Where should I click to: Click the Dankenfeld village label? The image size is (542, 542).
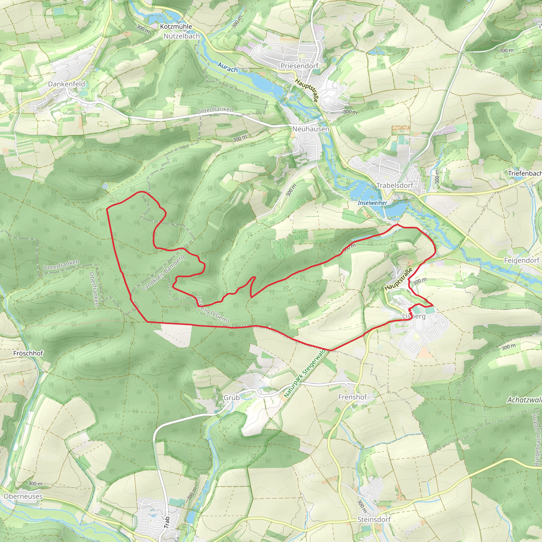click(66, 84)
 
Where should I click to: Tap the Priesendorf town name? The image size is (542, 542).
click(299, 66)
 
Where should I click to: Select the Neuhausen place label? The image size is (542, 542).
click(310, 129)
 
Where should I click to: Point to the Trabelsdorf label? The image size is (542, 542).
click(394, 186)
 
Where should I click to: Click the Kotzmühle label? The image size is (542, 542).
click(176, 27)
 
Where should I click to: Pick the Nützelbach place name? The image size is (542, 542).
click(182, 36)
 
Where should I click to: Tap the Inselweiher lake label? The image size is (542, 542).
click(372, 203)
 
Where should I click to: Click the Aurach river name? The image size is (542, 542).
click(228, 67)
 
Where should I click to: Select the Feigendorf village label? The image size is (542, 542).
click(522, 260)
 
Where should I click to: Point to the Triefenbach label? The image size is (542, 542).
click(525, 173)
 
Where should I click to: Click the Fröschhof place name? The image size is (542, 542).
click(28, 353)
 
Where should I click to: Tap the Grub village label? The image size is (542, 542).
click(232, 398)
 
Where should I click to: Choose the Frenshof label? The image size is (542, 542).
click(352, 397)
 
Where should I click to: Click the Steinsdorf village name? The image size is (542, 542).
click(374, 520)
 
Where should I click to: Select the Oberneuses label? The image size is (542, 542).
click(23, 496)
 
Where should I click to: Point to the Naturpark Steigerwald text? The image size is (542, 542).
click(305, 373)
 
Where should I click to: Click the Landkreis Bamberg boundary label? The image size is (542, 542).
click(163, 272)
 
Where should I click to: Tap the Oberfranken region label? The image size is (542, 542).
click(94, 289)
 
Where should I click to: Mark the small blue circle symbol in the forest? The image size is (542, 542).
click(105, 186)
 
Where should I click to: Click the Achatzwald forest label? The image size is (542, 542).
click(524, 400)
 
